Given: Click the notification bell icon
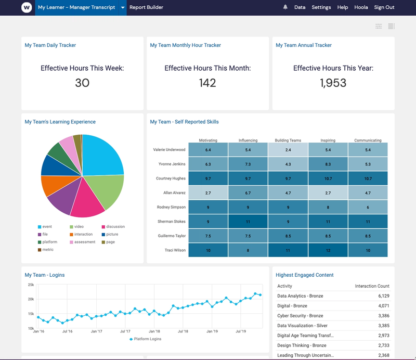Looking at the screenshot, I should pos(285,7).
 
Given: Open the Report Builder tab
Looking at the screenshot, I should pos(146,7).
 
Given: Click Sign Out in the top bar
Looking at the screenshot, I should pos(384,7).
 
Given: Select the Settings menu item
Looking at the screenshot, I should pos(321,7).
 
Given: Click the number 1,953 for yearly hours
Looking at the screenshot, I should pos(333,83).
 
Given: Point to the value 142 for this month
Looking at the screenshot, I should pos(207,83).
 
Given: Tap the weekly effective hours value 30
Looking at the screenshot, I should pos(82,83).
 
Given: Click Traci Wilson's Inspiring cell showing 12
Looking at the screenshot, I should pos(328,250).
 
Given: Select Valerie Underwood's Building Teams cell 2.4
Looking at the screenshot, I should pos(288,150).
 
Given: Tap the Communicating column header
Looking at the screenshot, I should pos(368,140).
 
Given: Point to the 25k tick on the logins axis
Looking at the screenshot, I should pos(31,285).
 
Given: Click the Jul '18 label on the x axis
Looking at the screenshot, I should pos(183,331).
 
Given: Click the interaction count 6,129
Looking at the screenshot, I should pos(380,296).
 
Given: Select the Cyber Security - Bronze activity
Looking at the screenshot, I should pos(300,316).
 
